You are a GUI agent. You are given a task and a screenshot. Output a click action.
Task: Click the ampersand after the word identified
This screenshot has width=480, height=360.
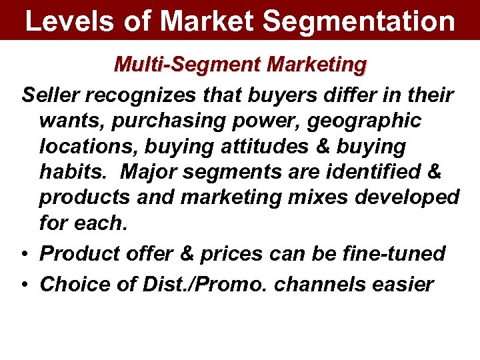tap(433, 172)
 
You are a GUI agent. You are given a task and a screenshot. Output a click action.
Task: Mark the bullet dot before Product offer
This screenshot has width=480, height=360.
tap(24, 254)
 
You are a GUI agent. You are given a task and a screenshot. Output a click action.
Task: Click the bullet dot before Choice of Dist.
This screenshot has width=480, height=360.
tap(24, 285)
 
